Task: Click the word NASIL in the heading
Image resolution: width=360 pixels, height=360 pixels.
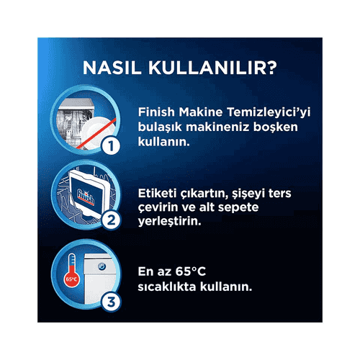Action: pyautogui.click(x=112, y=68)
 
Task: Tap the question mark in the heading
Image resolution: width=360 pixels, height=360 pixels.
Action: pyautogui.click(x=271, y=68)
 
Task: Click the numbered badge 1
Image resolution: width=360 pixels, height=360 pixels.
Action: pyautogui.click(x=111, y=145)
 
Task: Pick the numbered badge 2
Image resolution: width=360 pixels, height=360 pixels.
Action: pyautogui.click(x=111, y=220)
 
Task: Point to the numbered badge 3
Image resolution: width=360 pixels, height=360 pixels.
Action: pyautogui.click(x=111, y=302)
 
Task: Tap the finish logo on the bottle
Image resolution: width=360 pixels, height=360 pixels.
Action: pyautogui.click(x=86, y=197)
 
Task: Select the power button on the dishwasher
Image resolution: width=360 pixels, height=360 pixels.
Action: pyautogui.click(x=102, y=266)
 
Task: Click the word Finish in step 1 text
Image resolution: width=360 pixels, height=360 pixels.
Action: pyautogui.click(x=156, y=112)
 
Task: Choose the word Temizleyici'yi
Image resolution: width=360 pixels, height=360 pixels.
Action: pyautogui.click(x=269, y=113)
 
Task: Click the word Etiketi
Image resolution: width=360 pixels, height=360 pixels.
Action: pyautogui.click(x=157, y=194)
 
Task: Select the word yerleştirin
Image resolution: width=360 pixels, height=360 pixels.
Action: pyautogui.click(x=169, y=222)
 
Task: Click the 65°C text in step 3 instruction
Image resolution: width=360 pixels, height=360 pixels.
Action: pyautogui.click(x=191, y=271)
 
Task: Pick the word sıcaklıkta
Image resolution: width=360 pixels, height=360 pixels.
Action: pyautogui.click(x=167, y=287)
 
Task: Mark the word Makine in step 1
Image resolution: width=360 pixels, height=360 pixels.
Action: pyautogui.click(x=201, y=112)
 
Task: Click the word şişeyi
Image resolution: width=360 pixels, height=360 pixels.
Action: pyautogui.click(x=248, y=194)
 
